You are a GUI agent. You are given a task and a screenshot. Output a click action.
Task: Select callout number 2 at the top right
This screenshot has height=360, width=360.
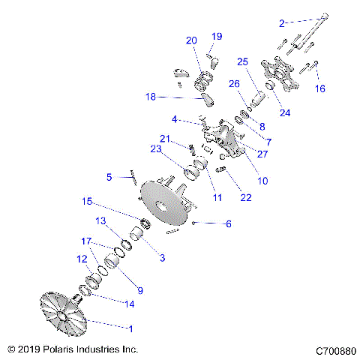(x=282, y=23)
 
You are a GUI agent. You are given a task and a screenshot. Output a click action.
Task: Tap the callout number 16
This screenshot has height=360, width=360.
(x=320, y=88)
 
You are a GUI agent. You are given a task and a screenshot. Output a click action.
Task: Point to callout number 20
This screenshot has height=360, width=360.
(x=191, y=40)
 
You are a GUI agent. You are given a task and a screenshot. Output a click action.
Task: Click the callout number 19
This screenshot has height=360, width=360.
(x=217, y=36)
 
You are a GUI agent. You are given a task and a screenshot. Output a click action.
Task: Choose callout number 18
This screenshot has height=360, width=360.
(x=151, y=96)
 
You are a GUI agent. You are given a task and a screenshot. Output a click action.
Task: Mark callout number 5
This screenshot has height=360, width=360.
(x=109, y=177)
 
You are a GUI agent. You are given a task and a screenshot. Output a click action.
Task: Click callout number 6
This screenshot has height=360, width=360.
(x=229, y=223)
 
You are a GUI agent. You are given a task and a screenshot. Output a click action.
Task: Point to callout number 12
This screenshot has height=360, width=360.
(x=82, y=259)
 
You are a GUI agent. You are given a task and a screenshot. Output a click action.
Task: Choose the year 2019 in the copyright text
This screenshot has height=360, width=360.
(x=33, y=349)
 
